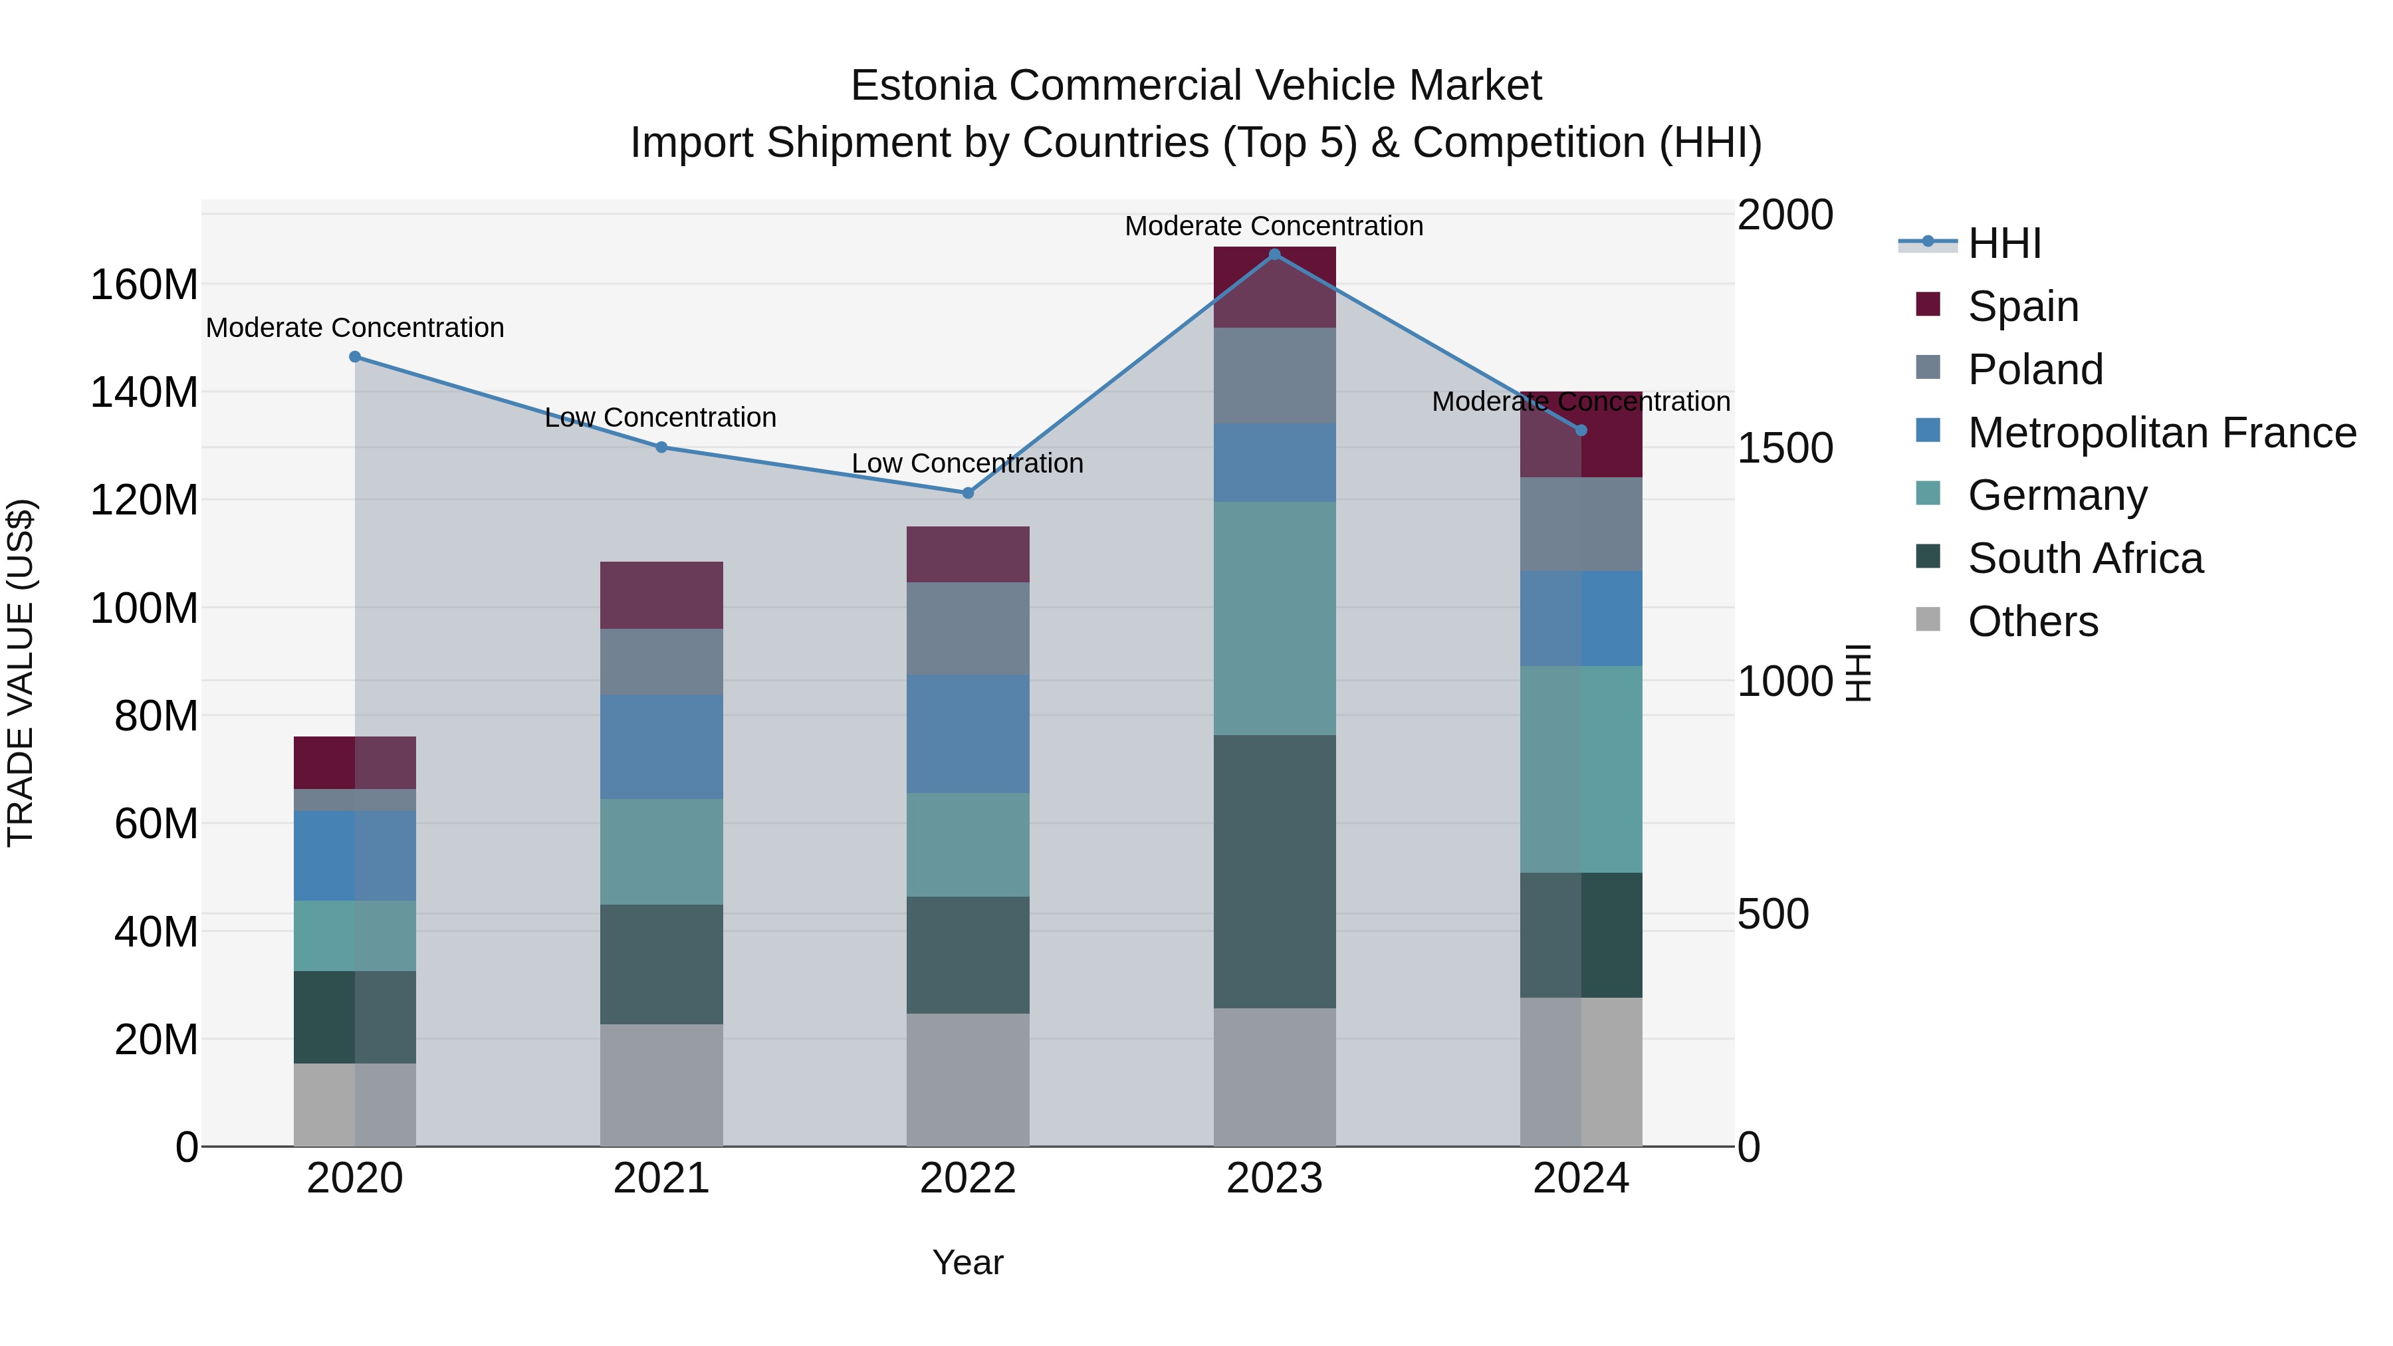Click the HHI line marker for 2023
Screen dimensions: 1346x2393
click(1274, 254)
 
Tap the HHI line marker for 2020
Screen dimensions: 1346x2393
click(355, 357)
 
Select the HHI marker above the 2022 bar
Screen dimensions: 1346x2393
click(968, 493)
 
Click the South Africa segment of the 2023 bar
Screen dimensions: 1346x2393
click(1274, 871)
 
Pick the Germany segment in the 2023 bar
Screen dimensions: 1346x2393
click(1274, 619)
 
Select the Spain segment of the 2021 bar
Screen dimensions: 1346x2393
click(661, 596)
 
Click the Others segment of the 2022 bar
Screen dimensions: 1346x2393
click(968, 1079)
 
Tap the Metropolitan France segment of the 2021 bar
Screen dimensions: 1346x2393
click(661, 747)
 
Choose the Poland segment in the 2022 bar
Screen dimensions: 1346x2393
click(968, 629)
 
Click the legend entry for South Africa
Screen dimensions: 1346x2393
click(2085, 558)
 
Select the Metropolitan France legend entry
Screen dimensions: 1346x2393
click(2161, 432)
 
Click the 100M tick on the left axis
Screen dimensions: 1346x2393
click(144, 608)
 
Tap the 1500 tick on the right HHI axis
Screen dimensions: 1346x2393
click(1785, 449)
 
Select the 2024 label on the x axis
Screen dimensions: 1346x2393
click(1581, 1178)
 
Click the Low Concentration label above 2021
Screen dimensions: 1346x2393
click(661, 418)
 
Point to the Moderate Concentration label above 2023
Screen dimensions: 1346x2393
click(1274, 226)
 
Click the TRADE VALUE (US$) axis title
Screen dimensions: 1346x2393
click(21, 673)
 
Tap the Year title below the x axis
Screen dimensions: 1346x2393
click(968, 1262)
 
